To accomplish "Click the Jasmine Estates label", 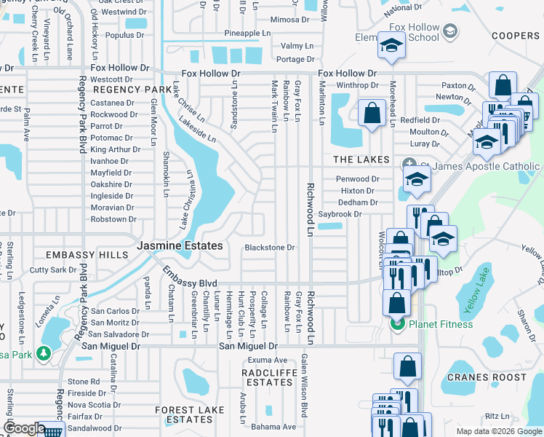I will click(180, 246).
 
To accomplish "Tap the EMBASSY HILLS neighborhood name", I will click(76, 255).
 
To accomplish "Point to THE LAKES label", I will click(362, 160).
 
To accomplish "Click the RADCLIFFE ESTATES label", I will click(268, 377).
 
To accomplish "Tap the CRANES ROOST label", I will click(486, 377).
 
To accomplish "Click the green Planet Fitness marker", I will click(397, 324).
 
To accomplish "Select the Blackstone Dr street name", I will click(269, 248).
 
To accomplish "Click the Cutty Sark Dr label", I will click(53, 269).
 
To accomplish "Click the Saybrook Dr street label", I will click(340, 215).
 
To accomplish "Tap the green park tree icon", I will click(44, 354).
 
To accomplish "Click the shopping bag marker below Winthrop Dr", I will click(372, 114).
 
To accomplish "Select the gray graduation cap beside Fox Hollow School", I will click(449, 31).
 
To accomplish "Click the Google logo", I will click(24, 428).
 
